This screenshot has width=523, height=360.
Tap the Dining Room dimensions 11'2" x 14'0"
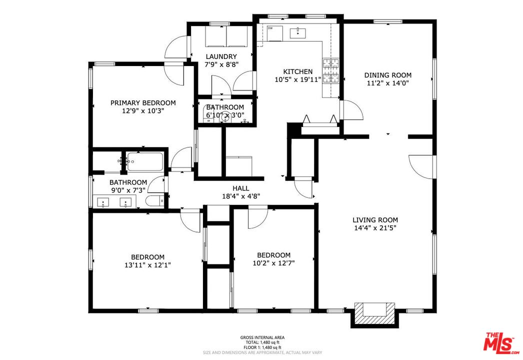387,83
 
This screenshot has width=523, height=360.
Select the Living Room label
375,220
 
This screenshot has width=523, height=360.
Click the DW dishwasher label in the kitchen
270,28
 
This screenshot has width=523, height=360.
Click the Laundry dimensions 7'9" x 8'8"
220,64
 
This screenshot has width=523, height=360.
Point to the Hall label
240,188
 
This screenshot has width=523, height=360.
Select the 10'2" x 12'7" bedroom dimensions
273,263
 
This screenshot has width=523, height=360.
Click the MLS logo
501,343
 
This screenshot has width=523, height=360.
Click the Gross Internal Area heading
262,337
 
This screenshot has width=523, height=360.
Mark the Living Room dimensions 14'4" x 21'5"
375,228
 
